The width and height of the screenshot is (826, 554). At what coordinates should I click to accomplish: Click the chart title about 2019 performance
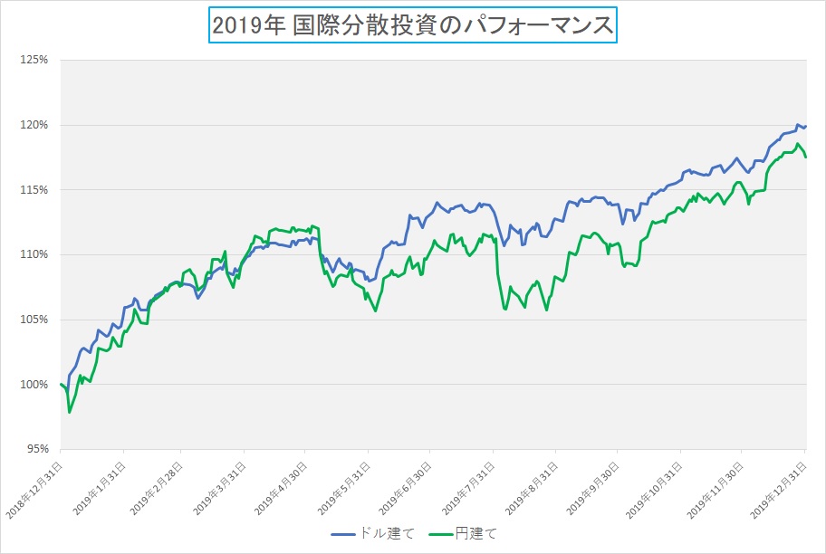[x=412, y=25]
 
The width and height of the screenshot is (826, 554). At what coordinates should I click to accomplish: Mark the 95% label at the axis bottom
[x=37, y=449]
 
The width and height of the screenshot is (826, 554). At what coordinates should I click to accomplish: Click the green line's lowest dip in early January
[x=69, y=413]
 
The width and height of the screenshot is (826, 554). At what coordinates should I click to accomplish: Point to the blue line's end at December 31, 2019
[x=805, y=126]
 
